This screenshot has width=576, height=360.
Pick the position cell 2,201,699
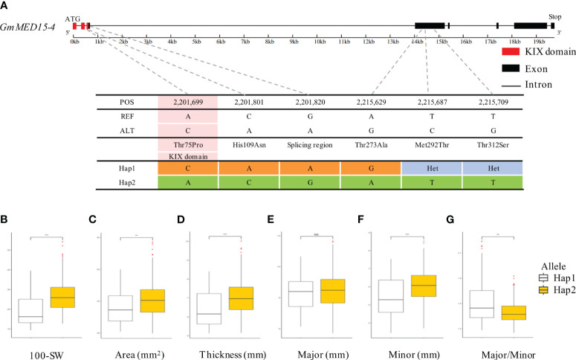(188, 101)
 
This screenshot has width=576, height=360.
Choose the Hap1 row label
(127, 170)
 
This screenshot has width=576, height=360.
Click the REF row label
(127, 116)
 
